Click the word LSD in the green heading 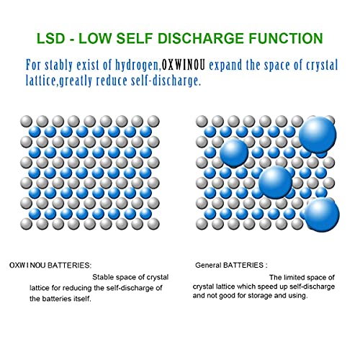(51, 38)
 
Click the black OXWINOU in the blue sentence (184, 66)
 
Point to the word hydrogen (138, 66)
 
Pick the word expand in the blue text (228, 66)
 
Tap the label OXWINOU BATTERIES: (50, 265)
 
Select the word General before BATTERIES (208, 265)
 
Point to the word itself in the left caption (83, 299)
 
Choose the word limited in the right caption (294, 277)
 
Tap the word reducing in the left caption (78, 288)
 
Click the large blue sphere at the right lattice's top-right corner (318, 135)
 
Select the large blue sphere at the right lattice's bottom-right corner (322, 215)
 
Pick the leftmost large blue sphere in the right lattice (234, 153)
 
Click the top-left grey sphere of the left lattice (26, 121)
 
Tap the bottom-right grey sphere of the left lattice (153, 224)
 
